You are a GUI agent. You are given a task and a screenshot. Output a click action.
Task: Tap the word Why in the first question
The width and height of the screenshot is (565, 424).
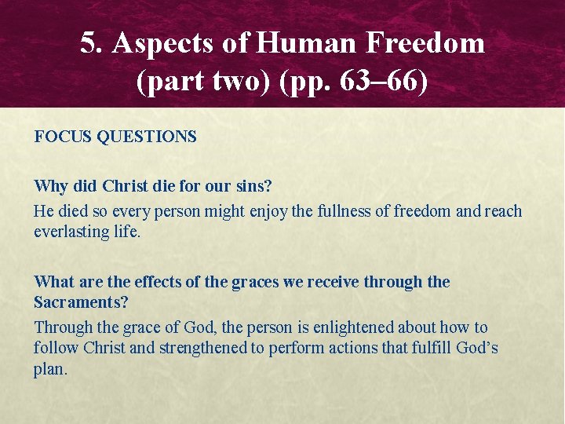pyautogui.click(x=50, y=187)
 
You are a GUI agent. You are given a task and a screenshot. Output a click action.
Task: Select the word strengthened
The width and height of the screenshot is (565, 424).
pyautogui.click(x=203, y=348)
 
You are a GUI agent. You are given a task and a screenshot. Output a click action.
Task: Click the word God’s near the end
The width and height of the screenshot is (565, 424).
pyautogui.click(x=477, y=348)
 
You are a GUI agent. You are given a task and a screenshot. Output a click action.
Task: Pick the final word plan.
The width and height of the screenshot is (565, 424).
pyautogui.click(x=50, y=369)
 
